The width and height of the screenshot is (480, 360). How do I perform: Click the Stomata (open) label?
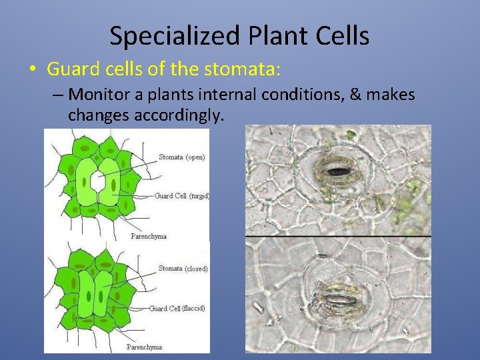point(182,157)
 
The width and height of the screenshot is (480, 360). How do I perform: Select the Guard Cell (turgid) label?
point(182,196)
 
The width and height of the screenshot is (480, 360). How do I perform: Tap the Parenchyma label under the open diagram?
point(147,236)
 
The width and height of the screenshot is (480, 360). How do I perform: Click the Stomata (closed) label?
point(183,269)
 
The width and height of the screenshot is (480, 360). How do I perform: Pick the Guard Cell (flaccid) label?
point(177,308)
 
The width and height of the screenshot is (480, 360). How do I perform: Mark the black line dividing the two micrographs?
point(338,236)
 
